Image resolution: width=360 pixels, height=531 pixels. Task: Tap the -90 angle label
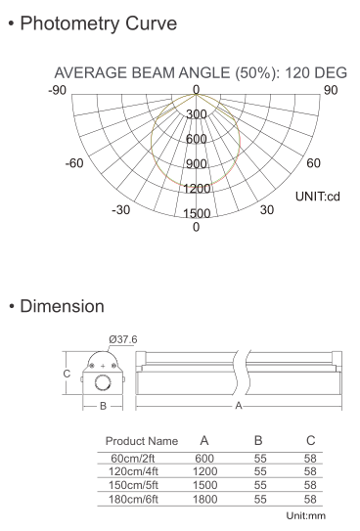(58, 91)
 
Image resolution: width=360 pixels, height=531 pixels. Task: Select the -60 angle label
(73, 162)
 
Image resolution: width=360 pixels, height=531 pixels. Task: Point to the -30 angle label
(120, 210)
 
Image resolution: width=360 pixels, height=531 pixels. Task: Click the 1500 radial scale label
(197, 213)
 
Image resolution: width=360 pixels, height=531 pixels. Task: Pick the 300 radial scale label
(197, 114)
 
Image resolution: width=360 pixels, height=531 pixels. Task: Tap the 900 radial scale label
(197, 164)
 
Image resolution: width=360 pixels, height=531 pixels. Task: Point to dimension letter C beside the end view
(66, 374)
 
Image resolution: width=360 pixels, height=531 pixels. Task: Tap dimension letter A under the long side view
(238, 403)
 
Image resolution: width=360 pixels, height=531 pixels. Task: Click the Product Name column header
(141, 440)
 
